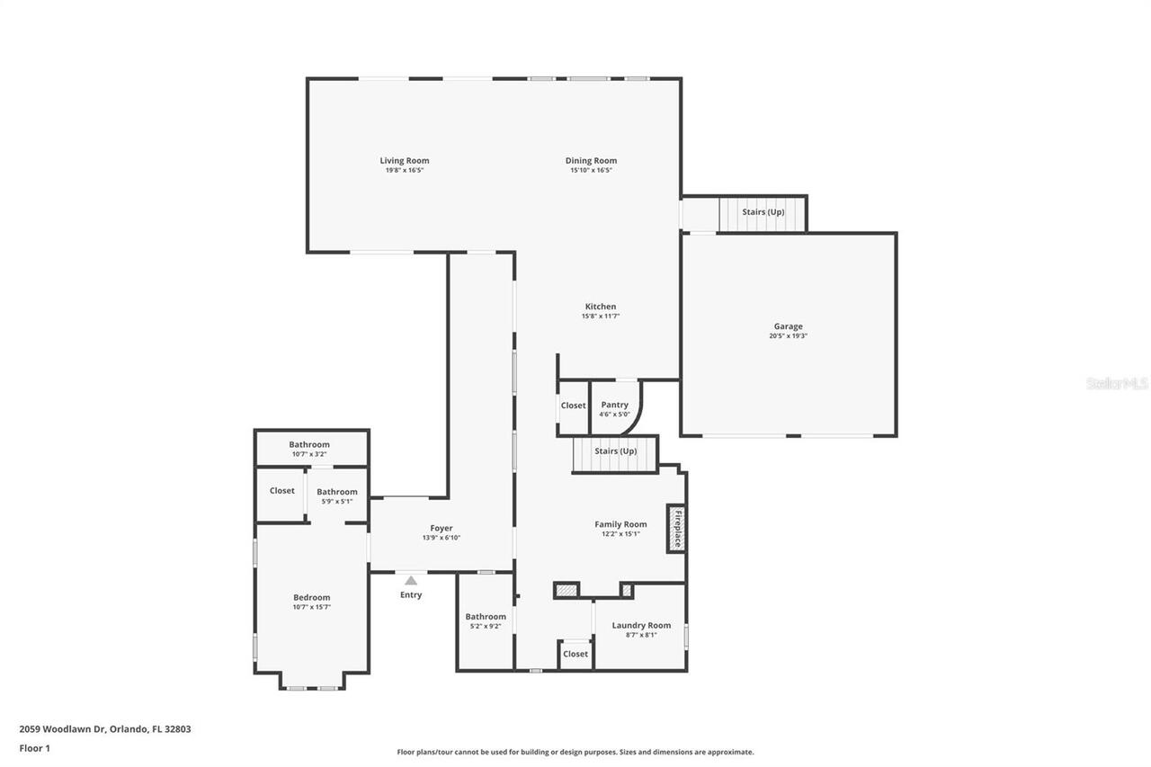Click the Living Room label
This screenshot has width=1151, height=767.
[x=404, y=161]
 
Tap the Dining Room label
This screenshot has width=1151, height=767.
[x=591, y=161]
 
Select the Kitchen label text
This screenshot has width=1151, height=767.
[x=600, y=307]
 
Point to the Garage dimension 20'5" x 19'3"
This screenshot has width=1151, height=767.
[x=788, y=336]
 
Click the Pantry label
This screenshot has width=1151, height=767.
[x=614, y=405]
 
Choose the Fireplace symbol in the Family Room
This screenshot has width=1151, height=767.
[x=677, y=528]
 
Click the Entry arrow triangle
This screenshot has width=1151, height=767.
[x=411, y=580]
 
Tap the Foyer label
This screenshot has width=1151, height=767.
[x=441, y=528]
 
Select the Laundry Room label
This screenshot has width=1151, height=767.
[x=641, y=625]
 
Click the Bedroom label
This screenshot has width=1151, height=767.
[x=311, y=597]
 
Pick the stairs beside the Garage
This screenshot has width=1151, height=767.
[x=762, y=213]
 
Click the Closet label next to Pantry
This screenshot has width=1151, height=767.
[x=573, y=406]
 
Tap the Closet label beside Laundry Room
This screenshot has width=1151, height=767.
[x=575, y=654]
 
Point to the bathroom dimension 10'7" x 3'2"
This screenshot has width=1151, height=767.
[x=309, y=454]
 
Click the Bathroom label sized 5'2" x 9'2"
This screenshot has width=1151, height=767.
[x=486, y=617]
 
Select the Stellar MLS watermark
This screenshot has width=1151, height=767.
[x=1117, y=383]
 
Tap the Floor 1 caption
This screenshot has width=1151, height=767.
[x=34, y=747]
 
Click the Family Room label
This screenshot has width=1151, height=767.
[x=620, y=524]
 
